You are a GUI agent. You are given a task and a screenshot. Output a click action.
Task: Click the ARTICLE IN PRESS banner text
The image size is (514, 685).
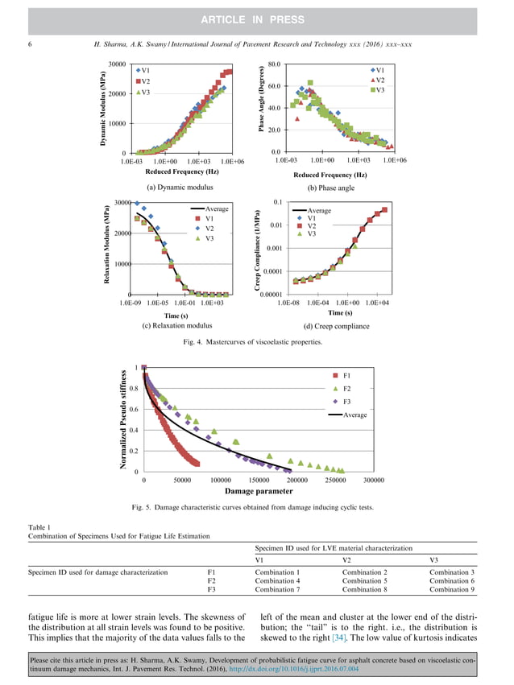pos(257,19)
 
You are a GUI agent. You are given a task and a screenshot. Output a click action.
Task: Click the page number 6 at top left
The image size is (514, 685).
pos(30,44)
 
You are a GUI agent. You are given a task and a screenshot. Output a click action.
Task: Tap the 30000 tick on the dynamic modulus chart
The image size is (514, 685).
pos(116,64)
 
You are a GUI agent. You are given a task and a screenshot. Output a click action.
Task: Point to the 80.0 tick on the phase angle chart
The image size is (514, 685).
pos(273,64)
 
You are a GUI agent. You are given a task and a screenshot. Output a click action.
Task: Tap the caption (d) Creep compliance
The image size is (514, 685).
pos(336,326)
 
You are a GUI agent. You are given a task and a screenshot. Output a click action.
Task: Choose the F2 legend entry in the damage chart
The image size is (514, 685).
pos(346,389)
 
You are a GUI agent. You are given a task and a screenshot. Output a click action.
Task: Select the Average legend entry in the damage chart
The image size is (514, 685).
pos(354,415)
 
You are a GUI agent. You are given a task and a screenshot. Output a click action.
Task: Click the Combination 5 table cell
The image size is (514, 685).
pos(367,580)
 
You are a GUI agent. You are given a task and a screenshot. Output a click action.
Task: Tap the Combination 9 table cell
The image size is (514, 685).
pos(454,589)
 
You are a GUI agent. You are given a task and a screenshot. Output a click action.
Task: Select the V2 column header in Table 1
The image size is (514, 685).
pos(347,559)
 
